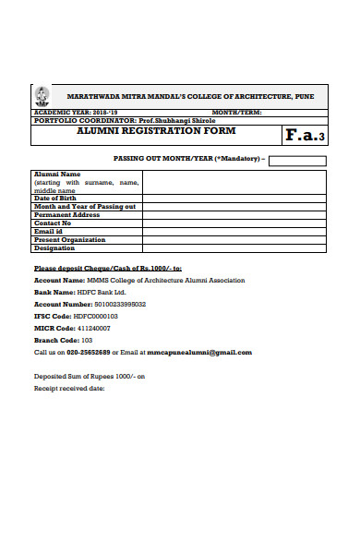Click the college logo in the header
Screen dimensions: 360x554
click(42, 95)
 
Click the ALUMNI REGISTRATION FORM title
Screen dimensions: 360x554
click(156, 131)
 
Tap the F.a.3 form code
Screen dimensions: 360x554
click(304, 136)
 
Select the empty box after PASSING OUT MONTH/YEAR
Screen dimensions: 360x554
click(297, 161)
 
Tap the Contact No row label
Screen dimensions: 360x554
click(53, 223)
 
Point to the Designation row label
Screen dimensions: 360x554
click(54, 247)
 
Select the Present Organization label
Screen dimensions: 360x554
click(69, 239)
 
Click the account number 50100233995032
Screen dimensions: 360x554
click(114, 304)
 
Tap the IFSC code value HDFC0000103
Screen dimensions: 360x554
click(96, 316)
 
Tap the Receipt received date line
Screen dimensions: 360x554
click(70, 388)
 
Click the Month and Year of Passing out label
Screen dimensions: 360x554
click(85, 206)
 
